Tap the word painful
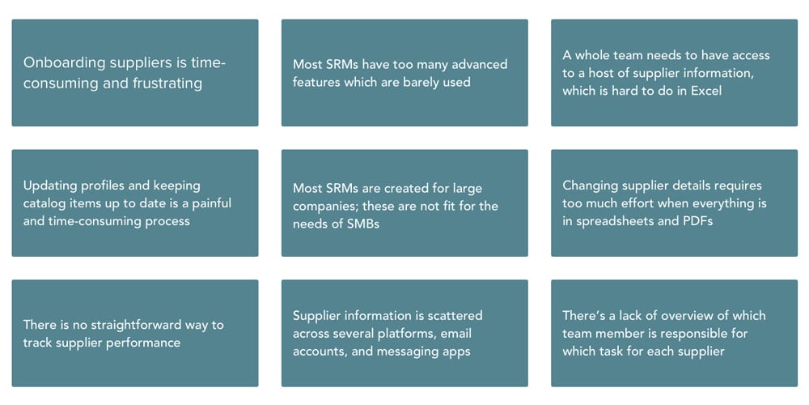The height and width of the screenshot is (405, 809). click(211, 203)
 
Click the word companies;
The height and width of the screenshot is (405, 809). click(325, 207)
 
